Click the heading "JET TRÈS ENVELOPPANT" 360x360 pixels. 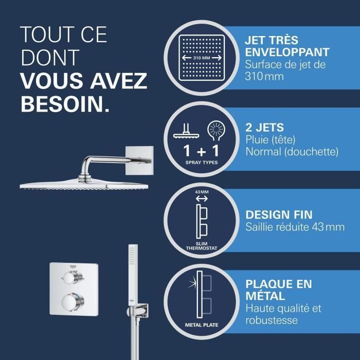pyautogui.click(x=287, y=46)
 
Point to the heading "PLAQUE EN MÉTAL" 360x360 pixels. pyautogui.click(x=278, y=290)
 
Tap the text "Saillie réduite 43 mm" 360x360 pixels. pyautogui.click(x=295, y=227)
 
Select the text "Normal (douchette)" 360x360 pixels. pyautogui.click(x=292, y=152)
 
